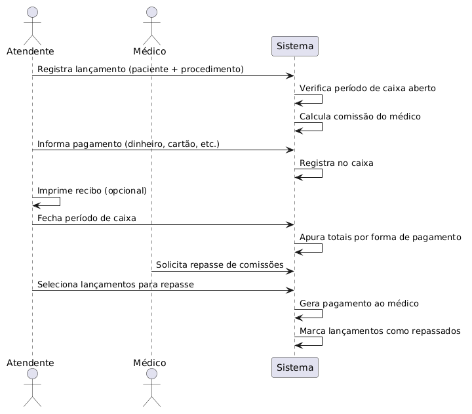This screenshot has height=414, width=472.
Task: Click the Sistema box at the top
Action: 295,46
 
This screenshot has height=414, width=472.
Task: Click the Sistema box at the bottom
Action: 295,367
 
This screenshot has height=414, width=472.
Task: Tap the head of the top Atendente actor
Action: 33,12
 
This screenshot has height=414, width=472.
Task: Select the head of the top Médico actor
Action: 151,12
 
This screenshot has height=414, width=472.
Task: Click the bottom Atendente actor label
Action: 30,363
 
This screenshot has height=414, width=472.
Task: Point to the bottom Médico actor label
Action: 149,362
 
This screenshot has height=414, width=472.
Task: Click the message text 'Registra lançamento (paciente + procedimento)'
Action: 140,70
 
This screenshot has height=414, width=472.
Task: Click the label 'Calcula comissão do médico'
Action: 360,116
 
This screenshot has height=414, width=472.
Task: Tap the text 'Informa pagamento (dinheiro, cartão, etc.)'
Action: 128,144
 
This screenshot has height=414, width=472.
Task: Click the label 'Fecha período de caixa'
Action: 87,218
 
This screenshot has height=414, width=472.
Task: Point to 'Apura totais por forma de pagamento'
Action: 380,238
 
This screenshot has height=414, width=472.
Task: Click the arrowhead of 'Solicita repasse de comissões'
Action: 290,272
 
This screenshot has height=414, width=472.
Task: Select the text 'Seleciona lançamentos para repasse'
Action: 115,285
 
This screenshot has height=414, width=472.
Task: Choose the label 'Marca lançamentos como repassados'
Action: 380,331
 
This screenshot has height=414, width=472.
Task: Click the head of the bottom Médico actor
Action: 151,373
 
